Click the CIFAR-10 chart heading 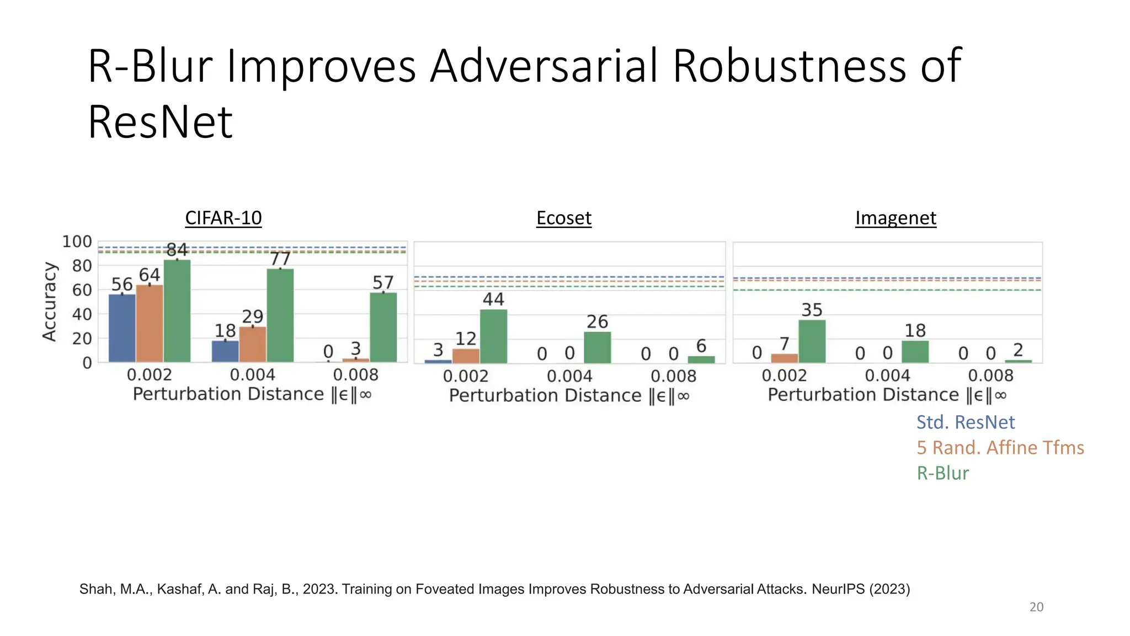point(223,218)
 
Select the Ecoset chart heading point(563,218)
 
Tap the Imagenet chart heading point(895,218)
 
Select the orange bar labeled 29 point(253,344)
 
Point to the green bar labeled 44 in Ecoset point(493,336)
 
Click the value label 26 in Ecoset point(597,321)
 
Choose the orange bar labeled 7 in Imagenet point(784,358)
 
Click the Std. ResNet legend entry point(965,422)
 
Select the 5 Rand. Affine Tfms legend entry point(1000,448)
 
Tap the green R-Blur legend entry point(942,473)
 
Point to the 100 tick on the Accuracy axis point(77,242)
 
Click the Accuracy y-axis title point(50,301)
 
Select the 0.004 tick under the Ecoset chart point(569,377)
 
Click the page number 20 point(1036,607)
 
